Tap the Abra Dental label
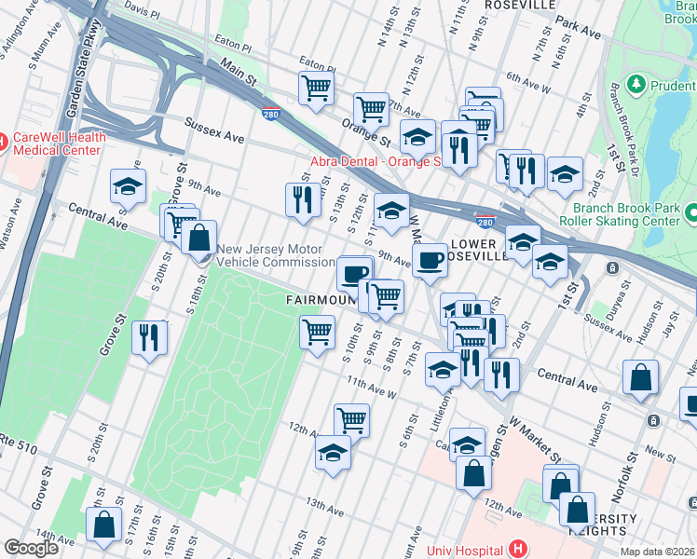pos(373,161)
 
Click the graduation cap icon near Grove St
pos(129,186)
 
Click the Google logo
pos(31,548)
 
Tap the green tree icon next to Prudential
pos(637,85)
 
